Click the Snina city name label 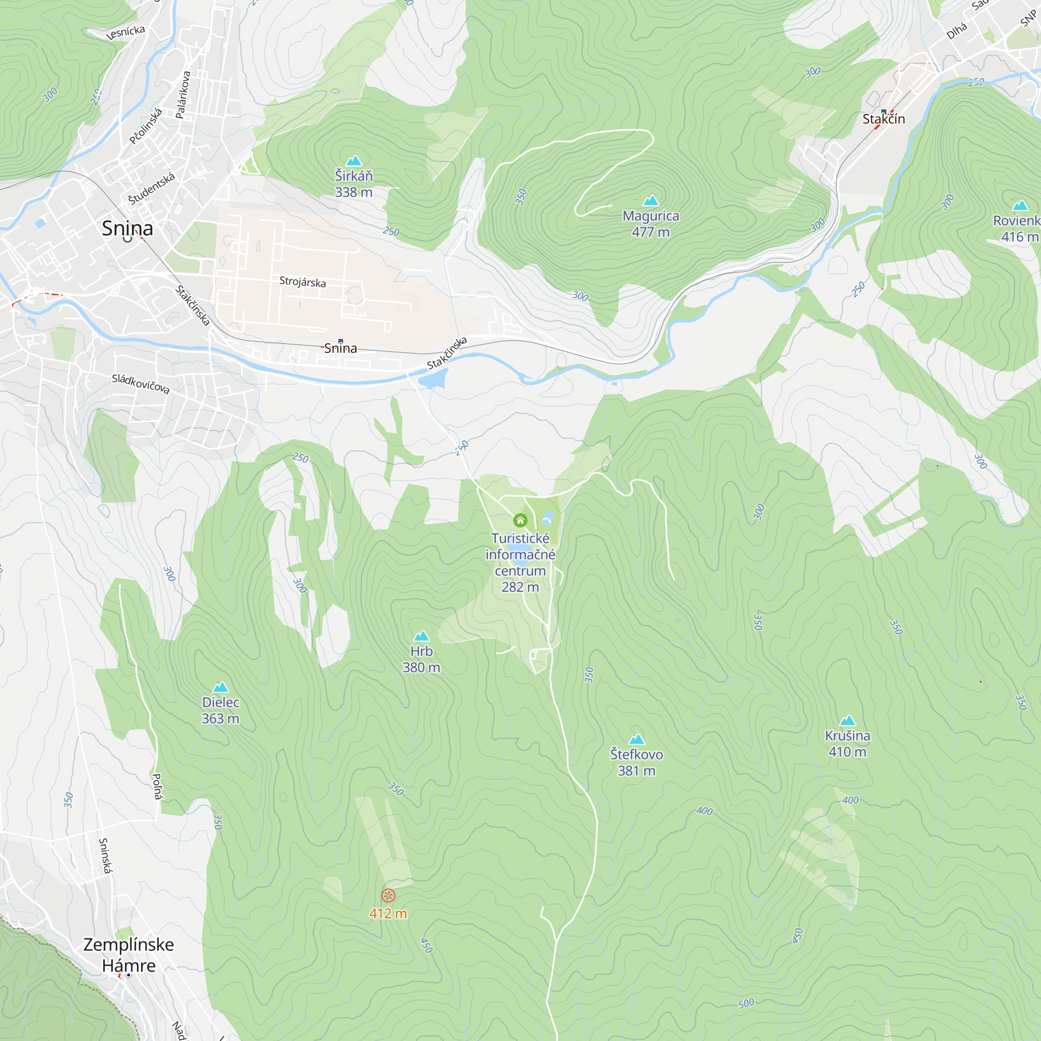127,228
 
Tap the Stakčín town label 884,119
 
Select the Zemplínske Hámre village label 128,955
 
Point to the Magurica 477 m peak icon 651,200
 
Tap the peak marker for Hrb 422,636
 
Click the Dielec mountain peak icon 220,687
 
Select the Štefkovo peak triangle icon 637,739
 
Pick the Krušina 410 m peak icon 847,720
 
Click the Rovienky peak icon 1020,205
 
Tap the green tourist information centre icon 520,520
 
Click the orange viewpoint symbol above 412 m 388,895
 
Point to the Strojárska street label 302,282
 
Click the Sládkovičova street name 141,384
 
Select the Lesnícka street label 125,32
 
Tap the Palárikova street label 183,95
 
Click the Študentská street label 151,188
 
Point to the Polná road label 157,786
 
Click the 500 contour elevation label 746,1004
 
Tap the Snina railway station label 340,349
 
